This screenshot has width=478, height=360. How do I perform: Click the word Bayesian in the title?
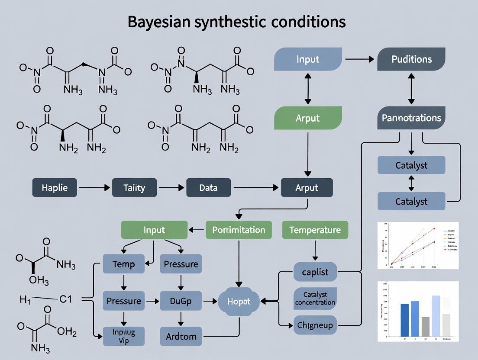(161, 22)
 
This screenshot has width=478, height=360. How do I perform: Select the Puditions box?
(411, 59)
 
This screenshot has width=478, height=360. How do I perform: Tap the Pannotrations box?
(411, 118)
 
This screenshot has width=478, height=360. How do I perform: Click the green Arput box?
(307, 118)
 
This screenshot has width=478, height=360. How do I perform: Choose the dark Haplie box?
(55, 188)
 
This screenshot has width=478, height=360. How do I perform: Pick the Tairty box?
(134, 188)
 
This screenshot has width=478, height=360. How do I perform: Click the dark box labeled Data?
(208, 188)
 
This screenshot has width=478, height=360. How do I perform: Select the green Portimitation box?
(239, 230)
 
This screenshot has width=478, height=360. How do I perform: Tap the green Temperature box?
(315, 230)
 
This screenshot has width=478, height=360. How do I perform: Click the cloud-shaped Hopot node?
(239, 301)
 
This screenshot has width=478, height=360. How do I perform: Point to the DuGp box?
(181, 301)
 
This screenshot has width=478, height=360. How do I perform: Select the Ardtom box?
(181, 336)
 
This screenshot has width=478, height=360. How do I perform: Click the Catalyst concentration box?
(315, 298)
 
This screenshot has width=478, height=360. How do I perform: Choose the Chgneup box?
(315, 325)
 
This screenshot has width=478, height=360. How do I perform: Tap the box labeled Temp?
(123, 264)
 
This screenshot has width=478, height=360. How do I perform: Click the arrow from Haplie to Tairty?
(95, 188)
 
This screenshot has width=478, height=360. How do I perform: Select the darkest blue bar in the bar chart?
(405, 320)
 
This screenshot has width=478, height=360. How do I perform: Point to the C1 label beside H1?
(65, 299)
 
